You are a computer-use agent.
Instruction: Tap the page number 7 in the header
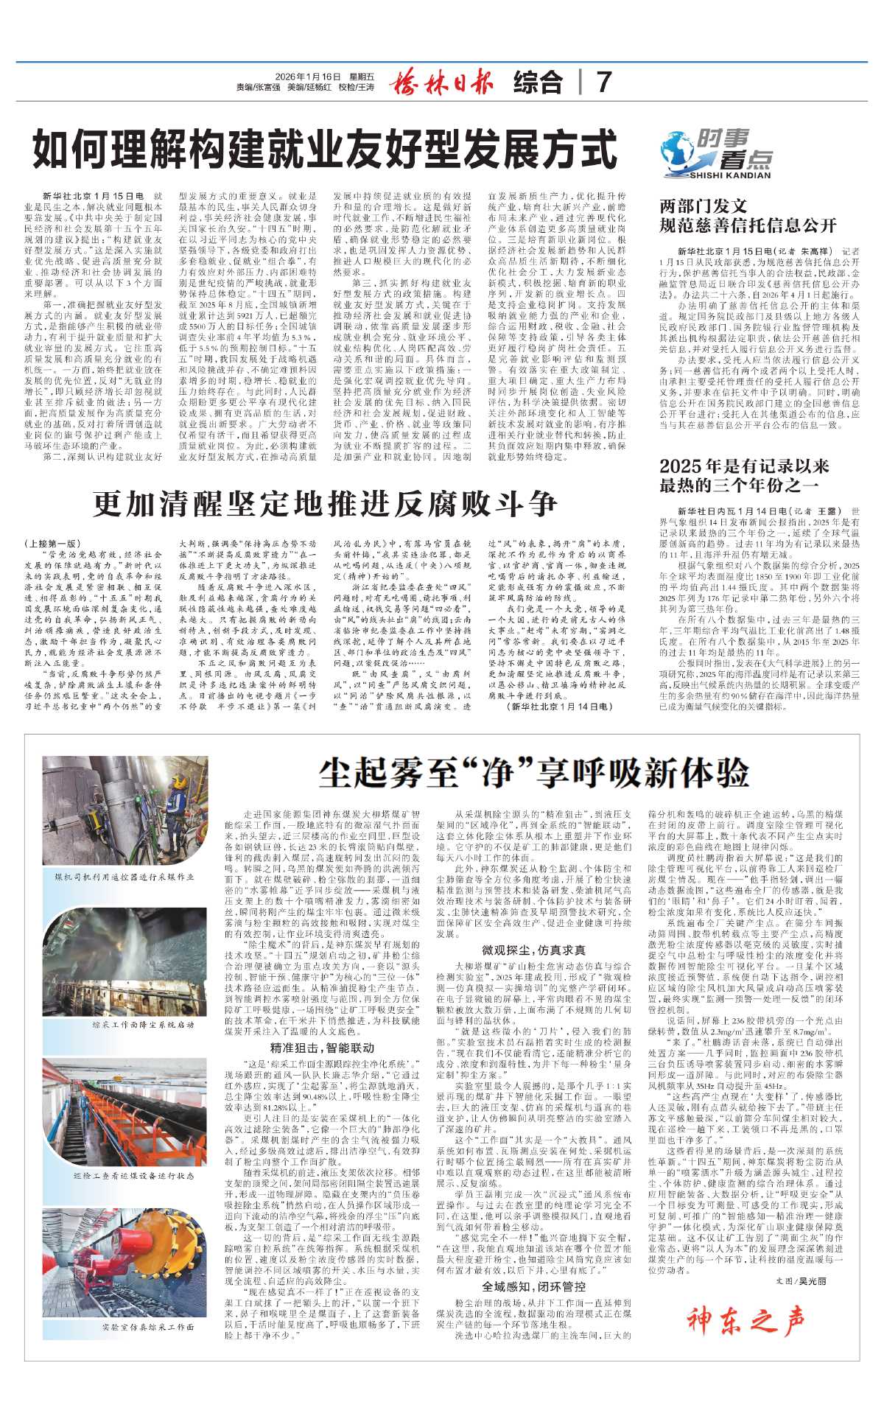(604, 82)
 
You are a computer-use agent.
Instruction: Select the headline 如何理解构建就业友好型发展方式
(325, 150)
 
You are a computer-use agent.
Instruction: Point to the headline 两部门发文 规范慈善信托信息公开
(748, 215)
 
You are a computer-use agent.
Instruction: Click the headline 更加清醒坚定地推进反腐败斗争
(325, 504)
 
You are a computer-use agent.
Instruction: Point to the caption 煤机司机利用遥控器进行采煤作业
(124, 877)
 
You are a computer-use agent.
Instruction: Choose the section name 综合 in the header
(538, 82)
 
